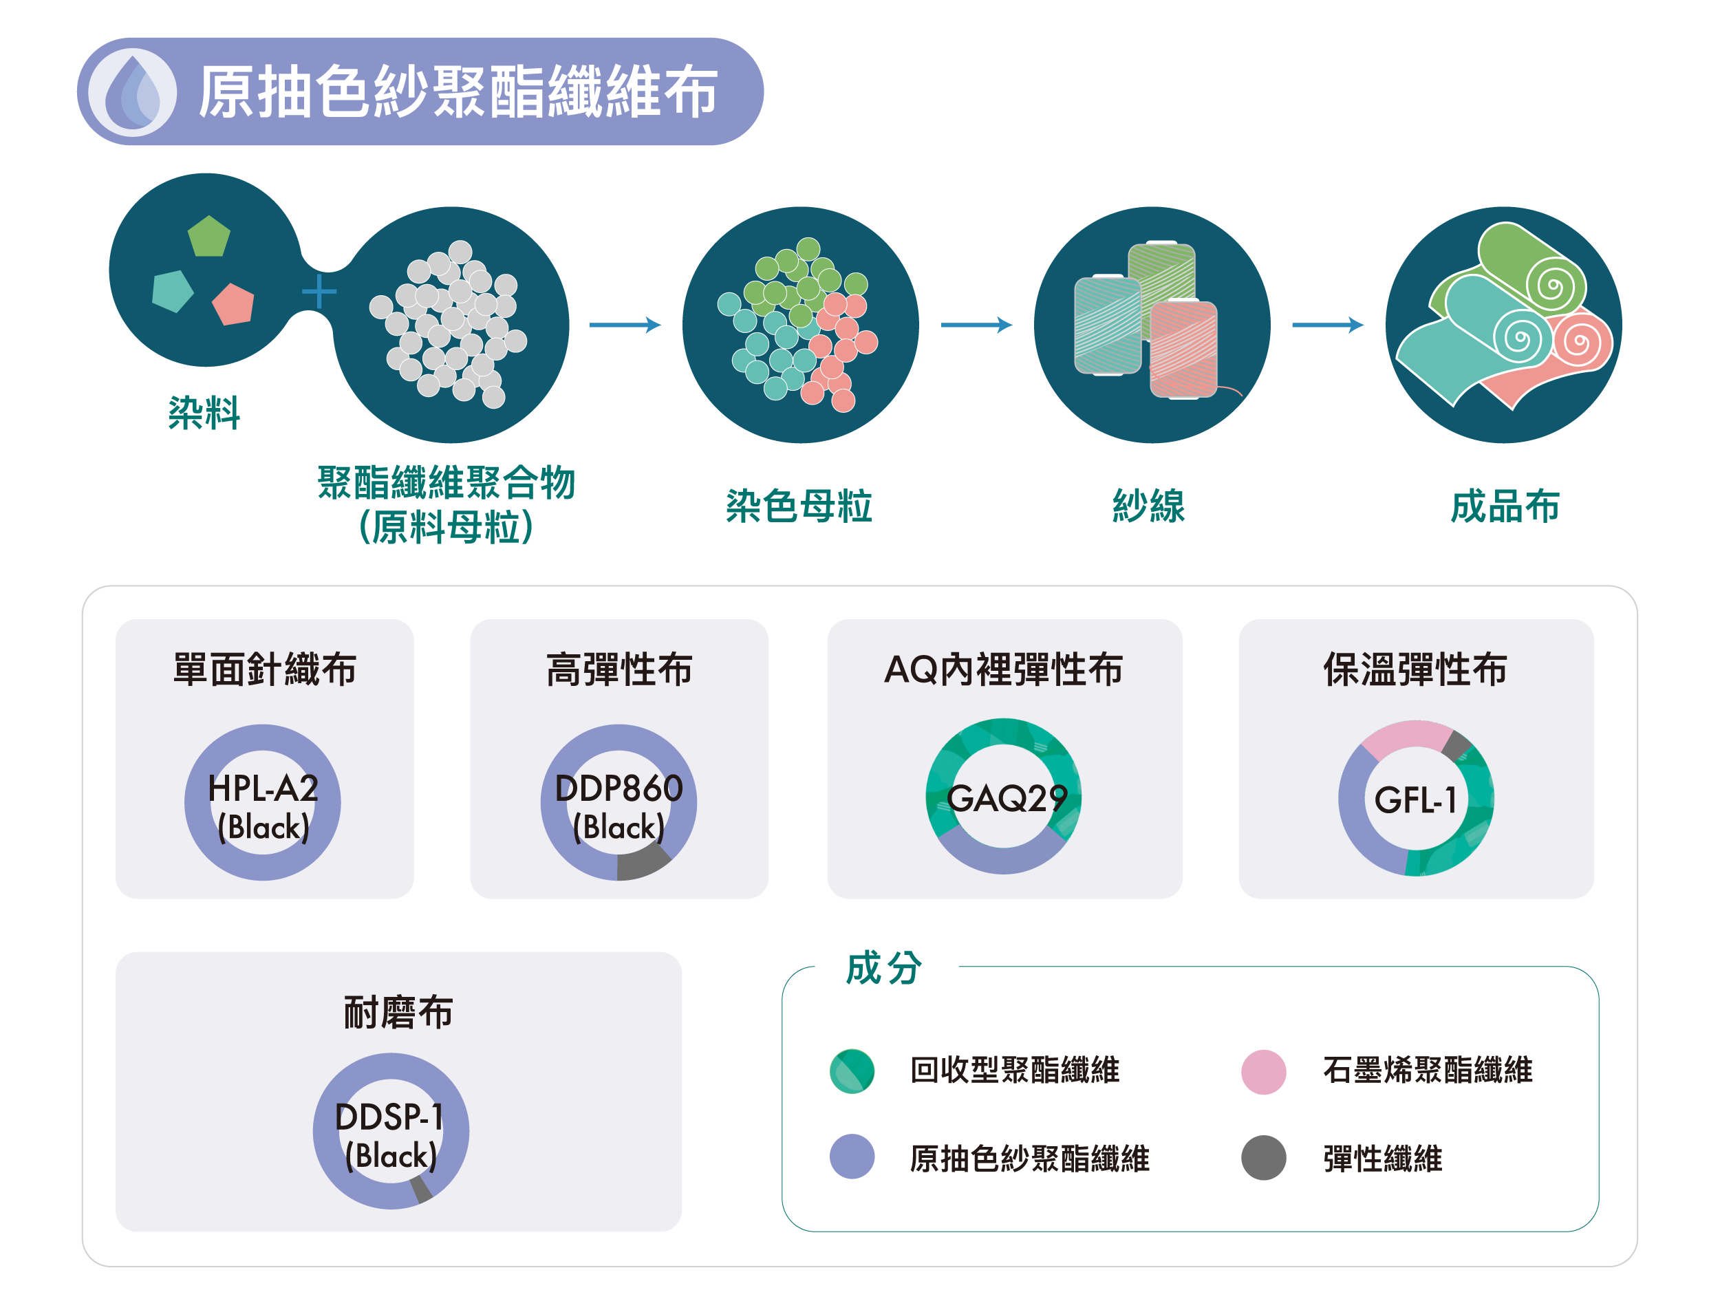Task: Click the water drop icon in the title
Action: [x=132, y=92]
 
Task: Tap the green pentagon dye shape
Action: [x=208, y=237]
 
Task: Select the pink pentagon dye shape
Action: [x=234, y=304]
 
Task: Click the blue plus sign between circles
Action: [x=319, y=292]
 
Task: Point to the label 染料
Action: [x=204, y=412]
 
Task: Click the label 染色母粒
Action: [x=799, y=506]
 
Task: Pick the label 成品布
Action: [x=1505, y=506]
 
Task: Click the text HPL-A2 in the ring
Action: [x=263, y=789]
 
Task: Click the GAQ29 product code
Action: [x=1006, y=799]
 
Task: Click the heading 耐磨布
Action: [x=398, y=1013]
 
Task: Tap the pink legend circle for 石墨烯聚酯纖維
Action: [x=1264, y=1071]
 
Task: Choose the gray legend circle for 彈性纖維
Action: [x=1264, y=1157]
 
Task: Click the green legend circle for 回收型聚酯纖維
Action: [x=852, y=1071]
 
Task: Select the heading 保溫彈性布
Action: [x=1415, y=669]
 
